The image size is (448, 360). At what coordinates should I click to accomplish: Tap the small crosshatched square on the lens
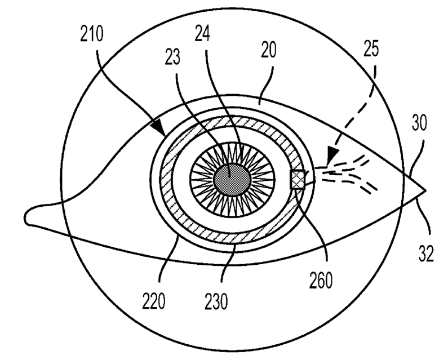click(298, 180)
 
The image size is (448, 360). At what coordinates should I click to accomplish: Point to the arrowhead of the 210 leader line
click(162, 134)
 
